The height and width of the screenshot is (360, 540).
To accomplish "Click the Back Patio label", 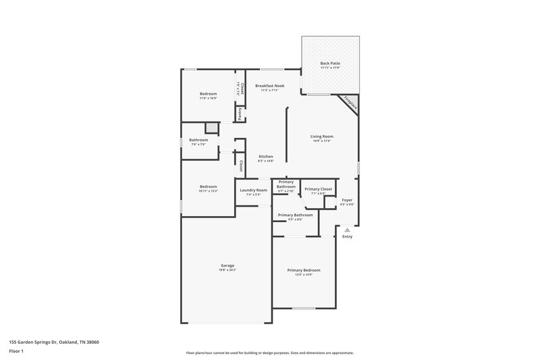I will click(330, 63).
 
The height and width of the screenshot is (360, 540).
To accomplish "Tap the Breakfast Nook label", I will click(269, 86).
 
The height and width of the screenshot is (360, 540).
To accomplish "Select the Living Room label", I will click(322, 136).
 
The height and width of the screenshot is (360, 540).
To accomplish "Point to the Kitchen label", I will click(265, 157).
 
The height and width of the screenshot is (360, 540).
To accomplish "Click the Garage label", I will click(227, 265).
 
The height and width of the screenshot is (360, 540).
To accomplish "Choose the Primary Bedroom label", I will click(304, 270).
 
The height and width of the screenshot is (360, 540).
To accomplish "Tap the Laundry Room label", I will click(253, 190).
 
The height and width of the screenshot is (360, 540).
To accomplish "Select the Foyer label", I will click(347, 200).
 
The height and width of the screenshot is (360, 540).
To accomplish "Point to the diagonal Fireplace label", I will click(350, 103).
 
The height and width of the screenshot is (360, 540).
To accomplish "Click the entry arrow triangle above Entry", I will click(348, 230).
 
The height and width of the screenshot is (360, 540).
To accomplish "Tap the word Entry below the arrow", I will click(348, 237).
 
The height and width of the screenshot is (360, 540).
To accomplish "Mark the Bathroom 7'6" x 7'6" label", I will click(198, 140).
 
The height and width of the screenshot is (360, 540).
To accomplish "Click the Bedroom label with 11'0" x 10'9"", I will click(208, 93).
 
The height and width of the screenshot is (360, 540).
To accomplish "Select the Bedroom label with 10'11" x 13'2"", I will click(208, 186).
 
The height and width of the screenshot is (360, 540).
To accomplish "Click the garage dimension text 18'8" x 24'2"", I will click(227, 269).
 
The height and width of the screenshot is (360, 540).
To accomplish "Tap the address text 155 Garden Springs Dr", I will click(54, 342).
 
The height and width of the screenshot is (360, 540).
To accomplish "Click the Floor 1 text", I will click(16, 352).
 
